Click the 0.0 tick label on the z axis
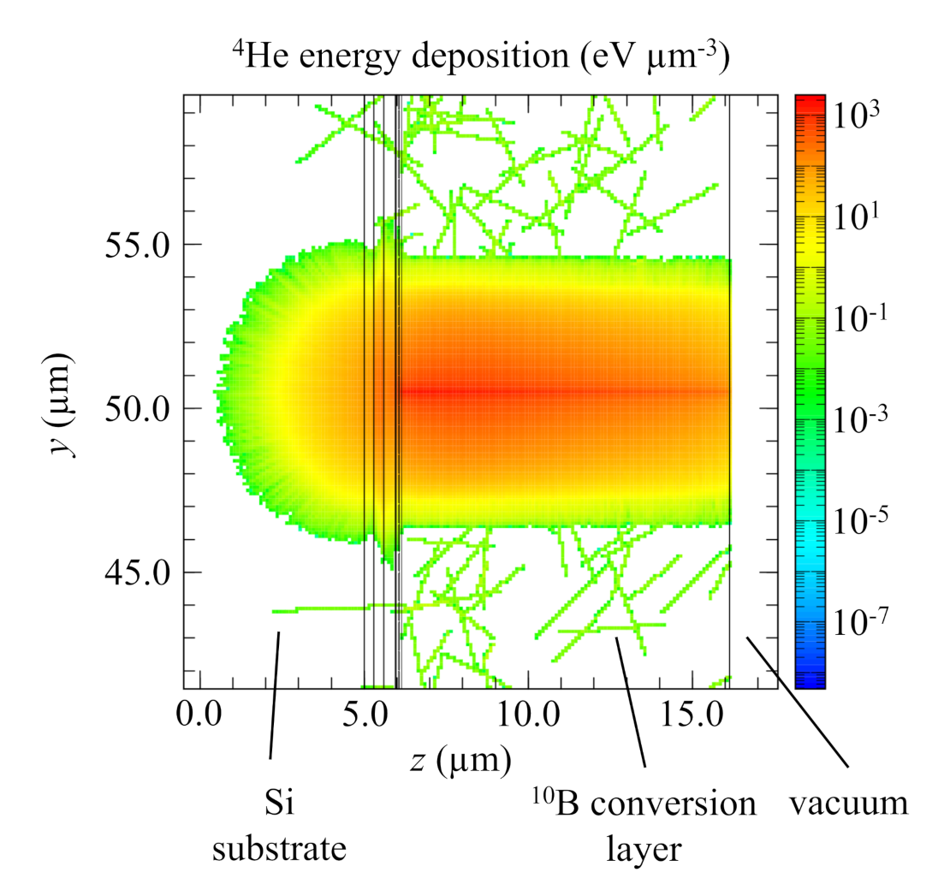(x=199, y=714)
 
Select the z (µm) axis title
(x=460, y=758)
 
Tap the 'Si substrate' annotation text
(x=281, y=825)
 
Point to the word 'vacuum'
(x=848, y=804)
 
